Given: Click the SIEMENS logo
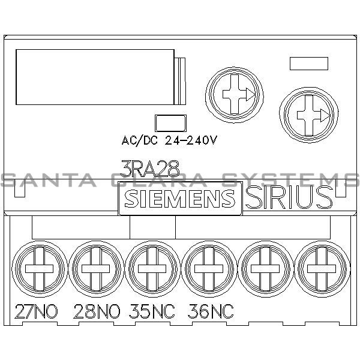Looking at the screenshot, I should click(x=179, y=199).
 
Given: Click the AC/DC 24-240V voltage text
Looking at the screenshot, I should click(x=169, y=141).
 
